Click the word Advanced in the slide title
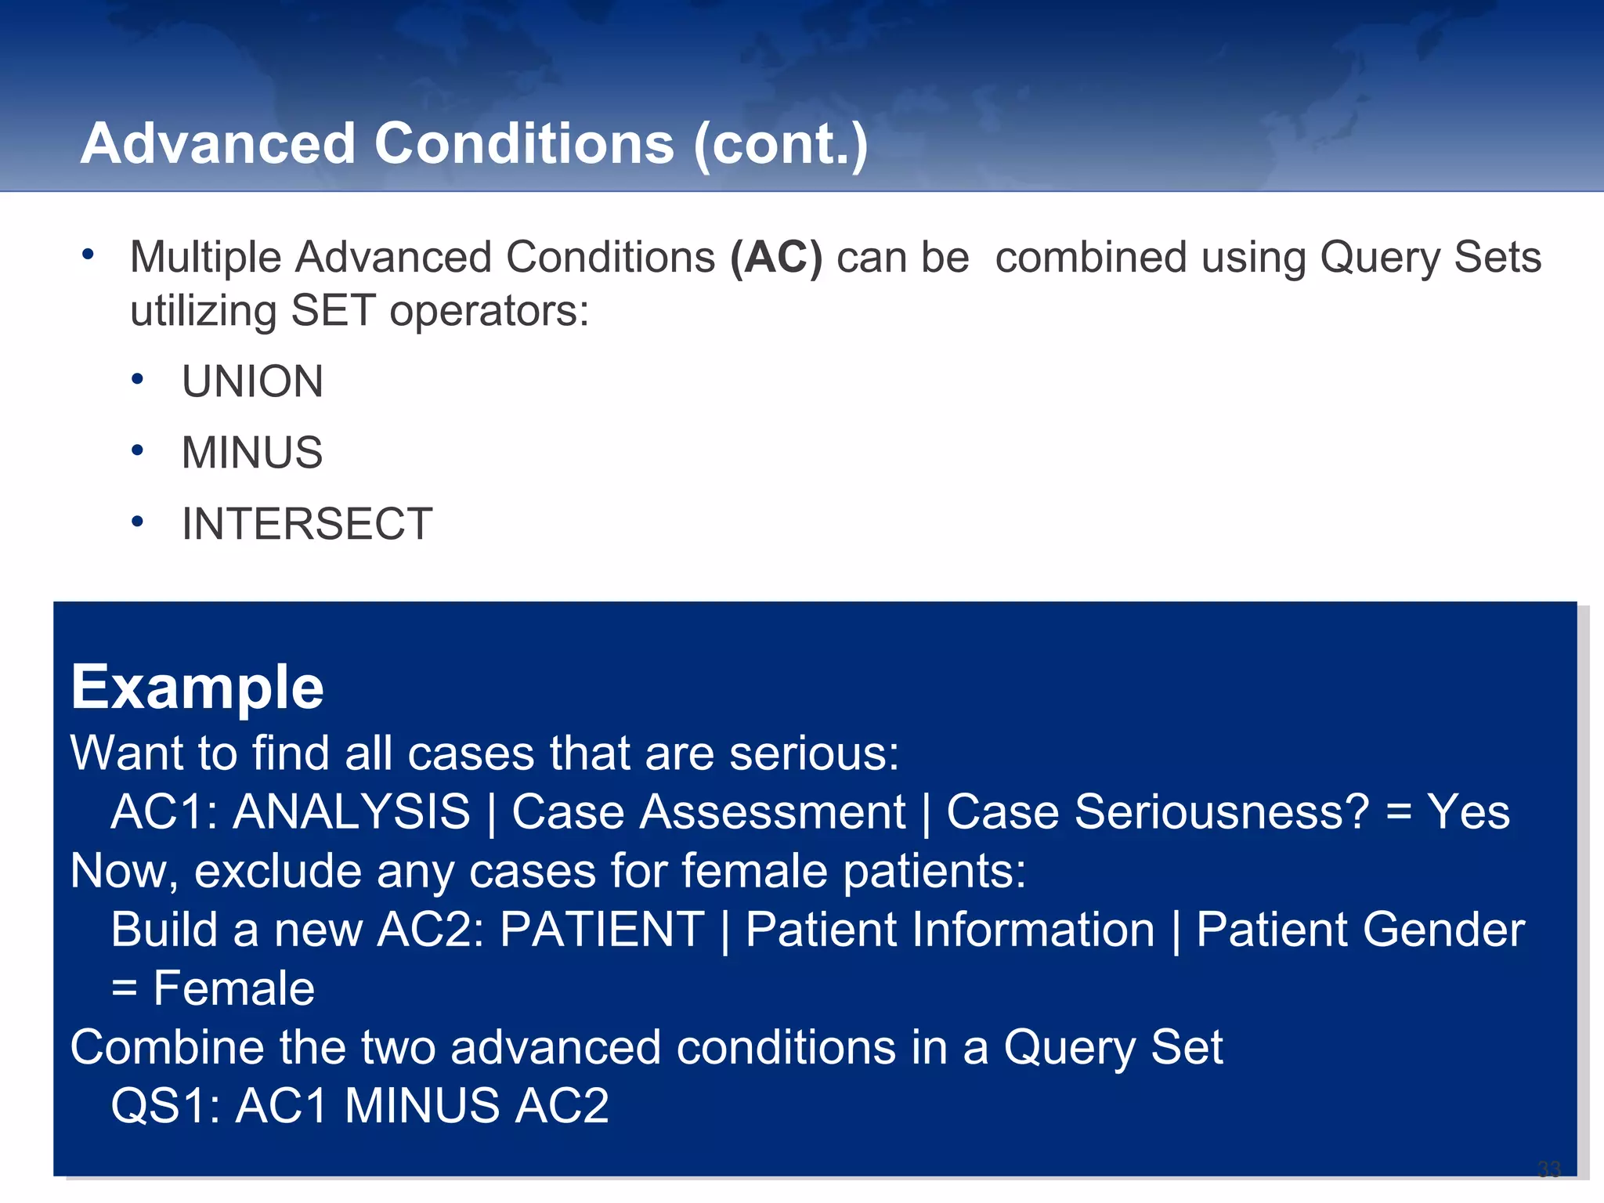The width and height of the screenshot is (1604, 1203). [219, 144]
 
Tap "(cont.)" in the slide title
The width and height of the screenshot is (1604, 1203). [780, 144]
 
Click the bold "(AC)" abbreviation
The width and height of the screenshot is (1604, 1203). [776, 257]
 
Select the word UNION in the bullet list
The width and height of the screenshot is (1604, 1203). [252, 381]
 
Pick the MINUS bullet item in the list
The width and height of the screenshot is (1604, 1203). [252, 453]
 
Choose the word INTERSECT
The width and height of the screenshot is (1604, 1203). [307, 523]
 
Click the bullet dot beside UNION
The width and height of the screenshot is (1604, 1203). [138, 380]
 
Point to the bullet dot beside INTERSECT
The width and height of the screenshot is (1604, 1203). [138, 522]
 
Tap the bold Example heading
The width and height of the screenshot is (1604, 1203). [197, 687]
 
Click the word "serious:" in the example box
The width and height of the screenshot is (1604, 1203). [815, 753]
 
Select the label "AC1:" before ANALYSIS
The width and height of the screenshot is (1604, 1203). [164, 811]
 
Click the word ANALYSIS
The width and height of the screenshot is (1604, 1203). [352, 811]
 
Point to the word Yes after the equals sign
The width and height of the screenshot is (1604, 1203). [1468, 811]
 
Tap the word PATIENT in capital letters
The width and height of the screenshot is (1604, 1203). [602, 930]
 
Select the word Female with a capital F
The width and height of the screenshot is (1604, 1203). [233, 988]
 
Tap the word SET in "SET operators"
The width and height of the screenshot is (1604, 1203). [333, 311]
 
